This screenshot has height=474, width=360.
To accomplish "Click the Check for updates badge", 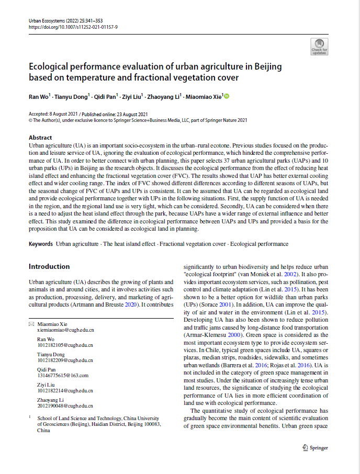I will click(x=319, y=47).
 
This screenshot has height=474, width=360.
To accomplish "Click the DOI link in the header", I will click(x=73, y=26).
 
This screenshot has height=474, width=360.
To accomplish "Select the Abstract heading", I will click(x=40, y=138).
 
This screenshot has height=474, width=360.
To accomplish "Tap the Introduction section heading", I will click(x=49, y=266).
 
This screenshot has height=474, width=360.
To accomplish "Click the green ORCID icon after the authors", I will click(x=227, y=96).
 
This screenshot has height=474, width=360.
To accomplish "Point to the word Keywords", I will click(x=40, y=244).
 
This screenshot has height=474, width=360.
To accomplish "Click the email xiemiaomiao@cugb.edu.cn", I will click(x=65, y=331).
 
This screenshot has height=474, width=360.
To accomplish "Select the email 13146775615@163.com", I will click(x=62, y=375).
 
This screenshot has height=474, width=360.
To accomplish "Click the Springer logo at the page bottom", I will click(x=315, y=448).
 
